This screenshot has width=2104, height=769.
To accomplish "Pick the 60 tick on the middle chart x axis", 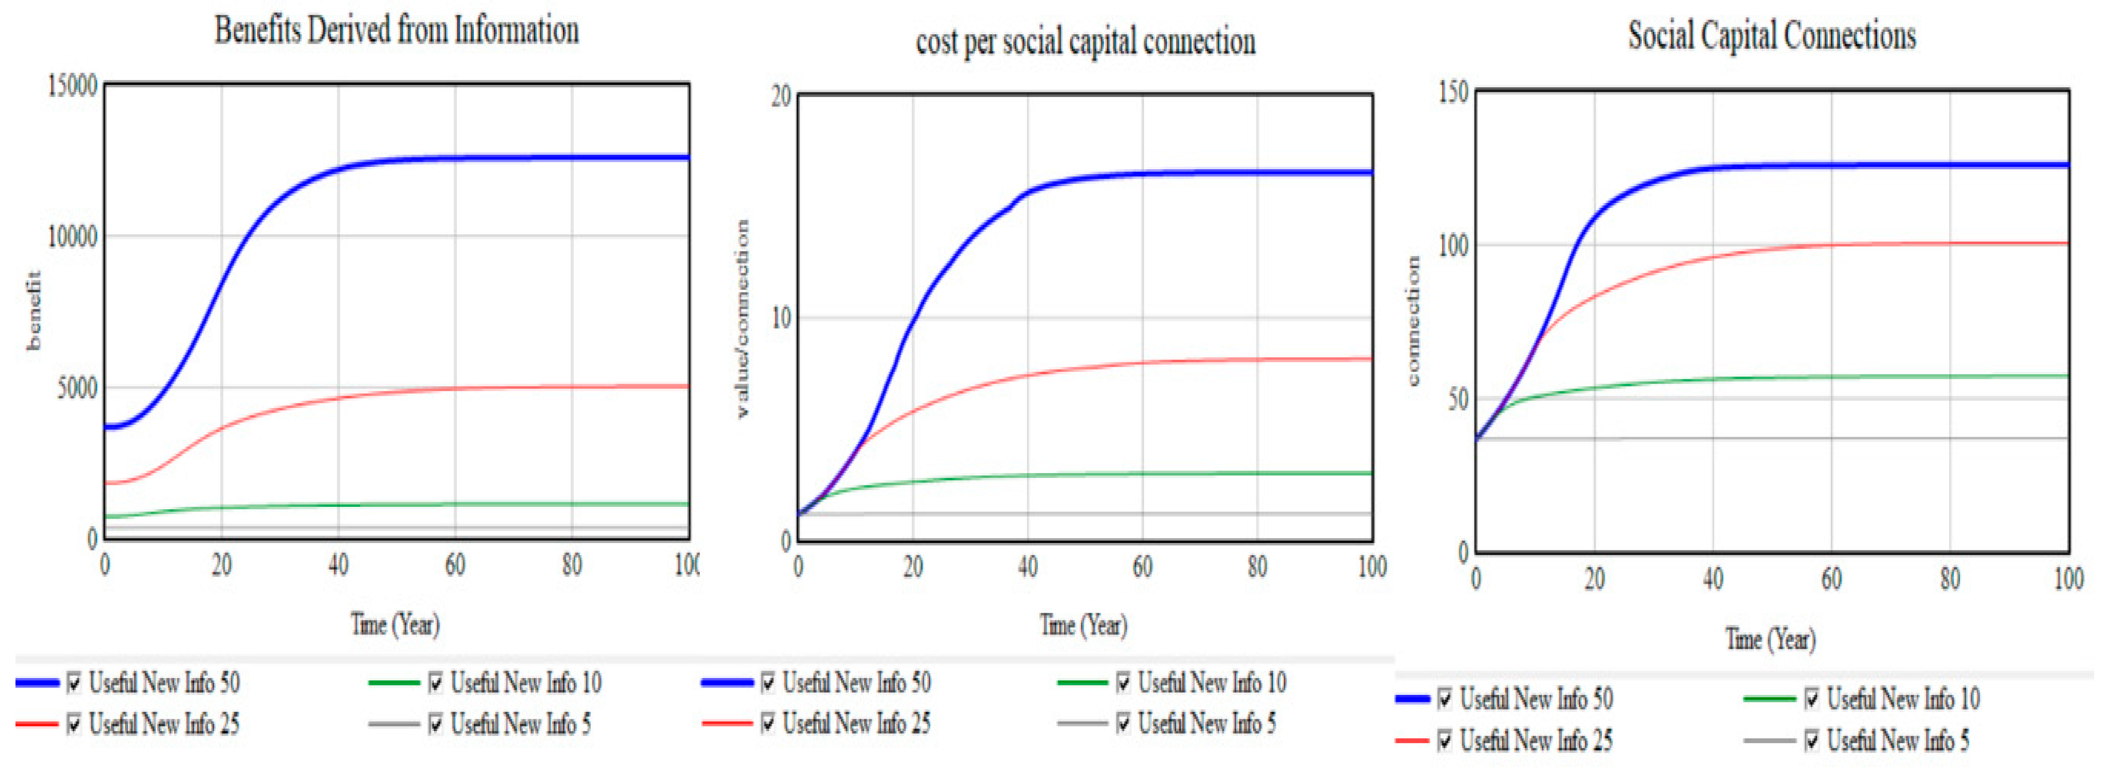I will (x=1142, y=566).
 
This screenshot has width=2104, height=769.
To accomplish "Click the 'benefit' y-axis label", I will (x=33, y=310).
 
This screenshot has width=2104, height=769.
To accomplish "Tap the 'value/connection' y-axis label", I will (x=742, y=318).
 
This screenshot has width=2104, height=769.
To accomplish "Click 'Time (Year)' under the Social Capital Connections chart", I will (x=1770, y=638).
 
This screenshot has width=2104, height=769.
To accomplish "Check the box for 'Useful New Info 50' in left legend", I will (x=74, y=682).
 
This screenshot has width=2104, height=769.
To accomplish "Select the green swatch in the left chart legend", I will (x=394, y=682).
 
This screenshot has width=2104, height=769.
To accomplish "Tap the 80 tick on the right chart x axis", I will (x=1950, y=579).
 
